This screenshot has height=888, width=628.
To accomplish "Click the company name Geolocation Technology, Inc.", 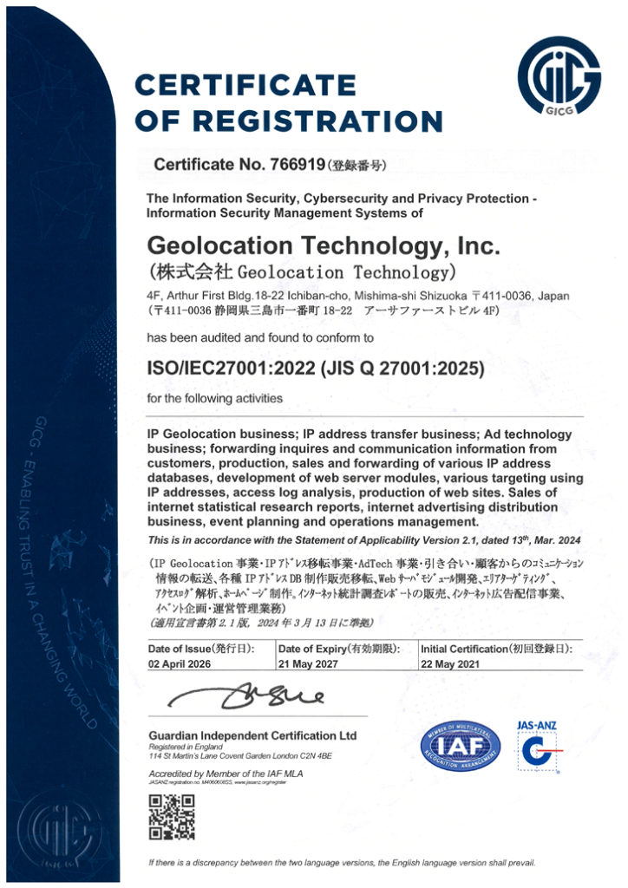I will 324,246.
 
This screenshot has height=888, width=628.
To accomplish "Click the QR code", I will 165,816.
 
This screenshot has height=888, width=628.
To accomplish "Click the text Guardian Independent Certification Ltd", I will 252,735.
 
